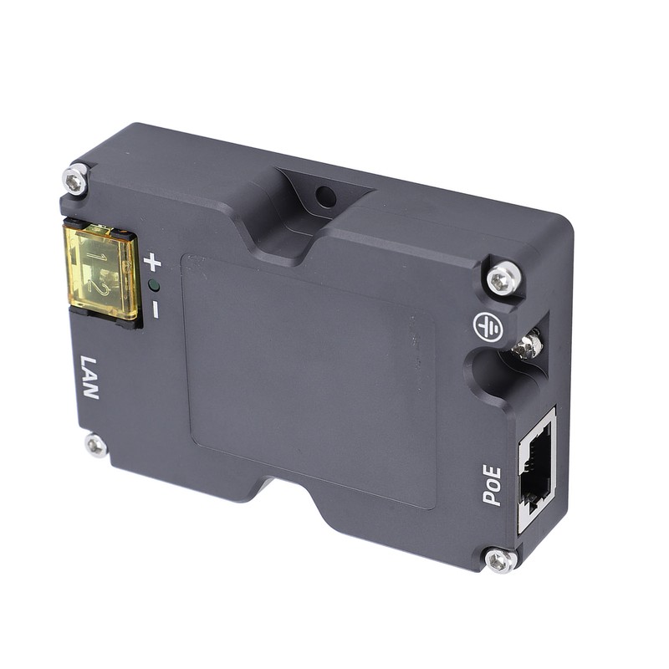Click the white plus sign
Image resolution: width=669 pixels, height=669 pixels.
(x=152, y=262)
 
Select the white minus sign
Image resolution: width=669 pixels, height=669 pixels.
(x=155, y=309)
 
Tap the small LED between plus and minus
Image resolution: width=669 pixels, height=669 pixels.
(x=153, y=285)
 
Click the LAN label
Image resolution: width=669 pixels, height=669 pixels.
(x=90, y=377)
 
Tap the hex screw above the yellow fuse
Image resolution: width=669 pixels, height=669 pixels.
(x=76, y=179)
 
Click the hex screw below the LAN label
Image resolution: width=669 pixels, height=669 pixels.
(x=96, y=445)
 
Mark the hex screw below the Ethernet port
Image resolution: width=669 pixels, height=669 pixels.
(x=501, y=559)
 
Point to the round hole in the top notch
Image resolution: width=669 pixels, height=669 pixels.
(x=326, y=197)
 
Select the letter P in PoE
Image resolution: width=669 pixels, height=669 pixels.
(x=493, y=498)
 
